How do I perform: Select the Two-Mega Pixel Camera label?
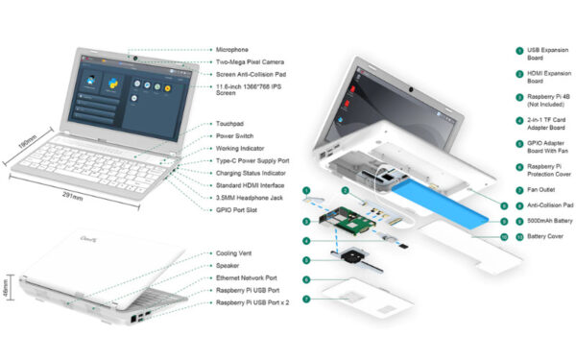tap(252, 61)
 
